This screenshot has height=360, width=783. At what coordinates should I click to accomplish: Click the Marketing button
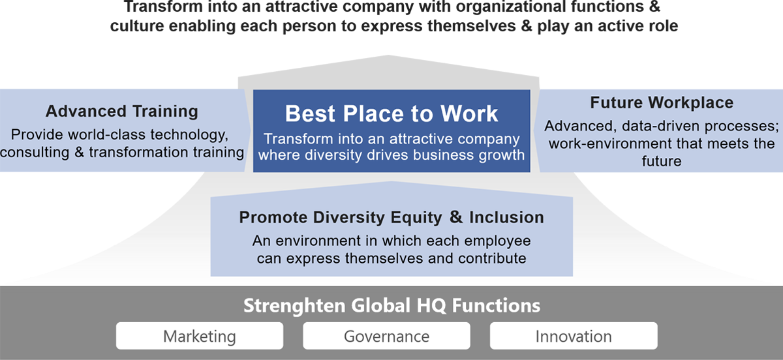tap(200, 336)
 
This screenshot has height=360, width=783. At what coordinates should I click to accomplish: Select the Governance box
tap(386, 336)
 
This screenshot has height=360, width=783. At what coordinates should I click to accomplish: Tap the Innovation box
tap(574, 336)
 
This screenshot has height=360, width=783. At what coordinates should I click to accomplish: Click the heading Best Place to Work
tap(391, 113)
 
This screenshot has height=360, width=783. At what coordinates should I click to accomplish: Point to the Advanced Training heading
tap(122, 111)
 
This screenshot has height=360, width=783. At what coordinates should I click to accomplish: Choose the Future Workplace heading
tap(662, 102)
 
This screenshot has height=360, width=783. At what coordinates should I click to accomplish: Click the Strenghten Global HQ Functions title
tap(392, 305)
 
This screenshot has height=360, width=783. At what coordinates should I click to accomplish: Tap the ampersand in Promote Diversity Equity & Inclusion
tap(456, 217)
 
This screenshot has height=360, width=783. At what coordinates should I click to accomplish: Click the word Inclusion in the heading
tap(506, 217)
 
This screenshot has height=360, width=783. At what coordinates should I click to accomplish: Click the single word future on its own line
tap(662, 161)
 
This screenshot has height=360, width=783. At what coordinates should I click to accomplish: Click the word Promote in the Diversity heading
tap(273, 217)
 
